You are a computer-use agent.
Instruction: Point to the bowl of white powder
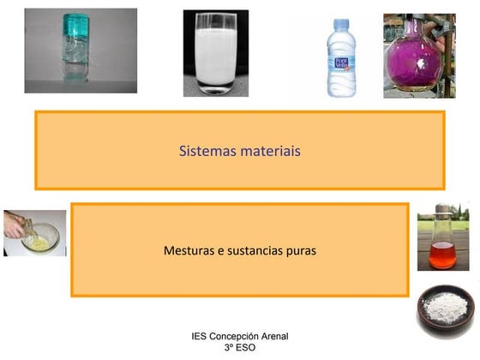[x=446, y=304]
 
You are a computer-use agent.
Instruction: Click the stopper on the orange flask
[x=442, y=208]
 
